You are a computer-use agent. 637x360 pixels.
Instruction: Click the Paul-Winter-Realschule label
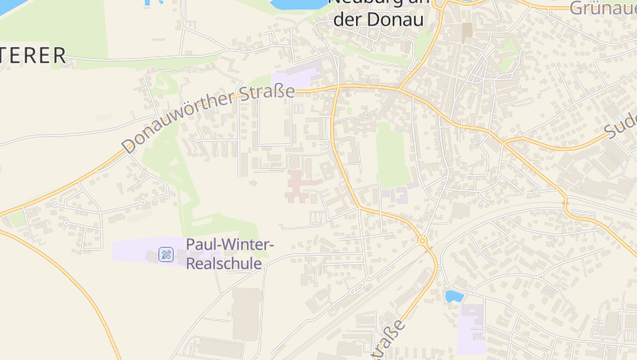pos(229,253)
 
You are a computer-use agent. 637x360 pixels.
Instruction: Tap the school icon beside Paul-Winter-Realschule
pos(166,254)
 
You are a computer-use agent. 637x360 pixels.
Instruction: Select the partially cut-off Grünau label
pos(603,8)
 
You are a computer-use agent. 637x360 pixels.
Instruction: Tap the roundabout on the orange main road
pos(423,241)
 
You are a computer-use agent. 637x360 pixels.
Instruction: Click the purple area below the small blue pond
pos(471,331)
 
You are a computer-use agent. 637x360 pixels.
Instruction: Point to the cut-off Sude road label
pos(621,120)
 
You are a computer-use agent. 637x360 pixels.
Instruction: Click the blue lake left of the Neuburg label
pos(299,4)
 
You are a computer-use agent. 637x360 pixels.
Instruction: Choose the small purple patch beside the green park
pos(395,194)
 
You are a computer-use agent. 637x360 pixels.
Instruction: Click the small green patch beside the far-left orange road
pos(16,217)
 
